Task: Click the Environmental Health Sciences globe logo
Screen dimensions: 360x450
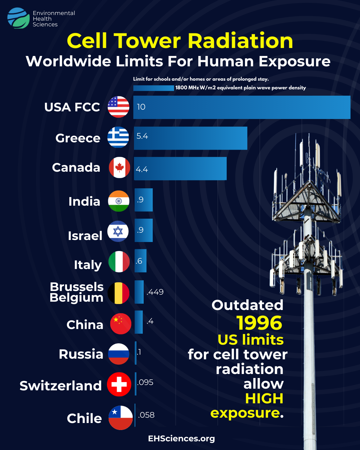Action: tap(18, 18)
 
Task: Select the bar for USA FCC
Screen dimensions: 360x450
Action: tap(242, 107)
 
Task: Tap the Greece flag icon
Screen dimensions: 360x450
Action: tap(118, 137)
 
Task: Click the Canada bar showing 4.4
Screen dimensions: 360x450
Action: tap(180, 169)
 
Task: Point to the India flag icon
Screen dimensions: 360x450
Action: tap(119, 201)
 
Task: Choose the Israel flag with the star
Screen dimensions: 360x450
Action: tap(118, 231)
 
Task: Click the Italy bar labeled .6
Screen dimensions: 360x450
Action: tap(141, 261)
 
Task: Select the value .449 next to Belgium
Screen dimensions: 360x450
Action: tap(155, 292)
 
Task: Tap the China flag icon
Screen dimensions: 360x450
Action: tap(121, 324)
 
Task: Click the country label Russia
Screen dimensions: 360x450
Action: tap(81, 354)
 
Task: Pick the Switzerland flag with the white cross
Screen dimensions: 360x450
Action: tap(119, 384)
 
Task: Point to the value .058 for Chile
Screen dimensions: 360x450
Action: tap(146, 415)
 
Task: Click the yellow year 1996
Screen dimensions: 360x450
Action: tap(259, 323)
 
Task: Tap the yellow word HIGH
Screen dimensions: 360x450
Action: tap(264, 398)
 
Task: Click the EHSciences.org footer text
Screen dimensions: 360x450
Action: tap(182, 439)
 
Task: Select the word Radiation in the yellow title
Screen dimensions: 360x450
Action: tap(241, 41)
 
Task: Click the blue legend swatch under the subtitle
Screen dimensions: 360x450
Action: tap(154, 88)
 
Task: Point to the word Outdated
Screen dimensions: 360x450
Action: tap(247, 305)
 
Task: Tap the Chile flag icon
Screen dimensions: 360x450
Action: tap(121, 418)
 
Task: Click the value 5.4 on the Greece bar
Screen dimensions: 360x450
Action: tap(142, 136)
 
